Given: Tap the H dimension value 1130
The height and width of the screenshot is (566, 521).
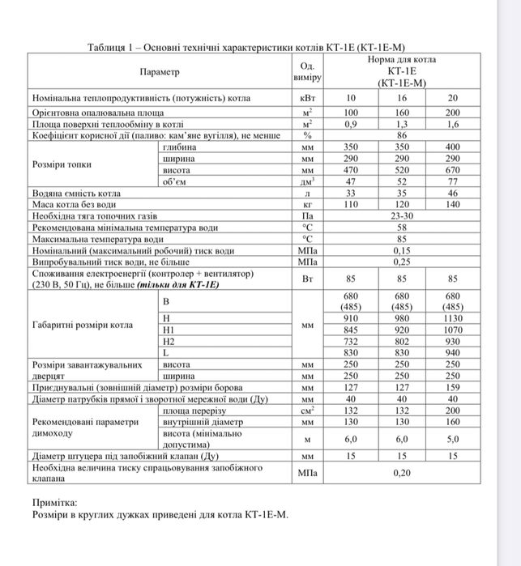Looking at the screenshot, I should [452, 319].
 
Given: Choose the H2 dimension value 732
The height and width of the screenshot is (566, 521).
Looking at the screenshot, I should [350, 342].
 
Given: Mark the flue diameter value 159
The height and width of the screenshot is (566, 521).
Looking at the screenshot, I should [452, 388].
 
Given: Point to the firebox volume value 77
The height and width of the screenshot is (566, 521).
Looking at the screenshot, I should [452, 183].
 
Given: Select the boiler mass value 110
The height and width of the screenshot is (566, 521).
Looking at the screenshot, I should [350, 206].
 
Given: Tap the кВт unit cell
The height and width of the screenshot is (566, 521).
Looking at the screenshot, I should [307, 99].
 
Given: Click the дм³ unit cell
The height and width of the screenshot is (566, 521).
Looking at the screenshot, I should [307, 183].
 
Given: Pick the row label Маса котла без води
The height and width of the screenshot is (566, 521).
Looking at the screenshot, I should [74, 206].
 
